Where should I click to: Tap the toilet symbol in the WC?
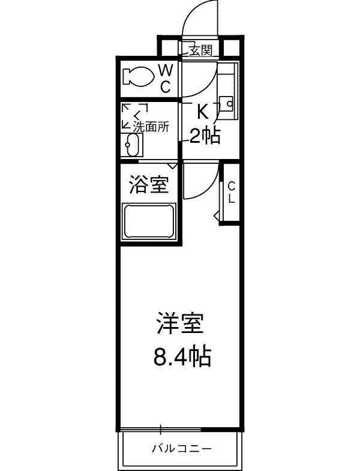coord(137,76)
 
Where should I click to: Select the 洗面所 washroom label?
coord(151,127)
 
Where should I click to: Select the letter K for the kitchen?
coord(203,112)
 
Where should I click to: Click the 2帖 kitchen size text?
coord(205,136)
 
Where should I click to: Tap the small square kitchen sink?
coord(227,101)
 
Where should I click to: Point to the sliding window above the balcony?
coord(161,428)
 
